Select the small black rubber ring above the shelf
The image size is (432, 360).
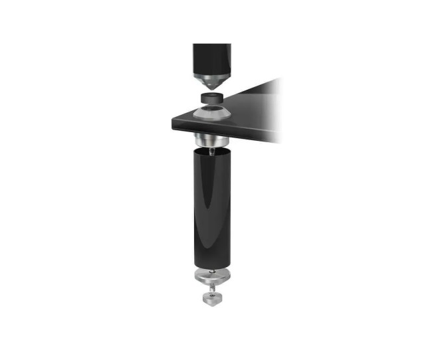click(212, 100)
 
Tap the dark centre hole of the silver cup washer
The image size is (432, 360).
click(212, 110)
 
